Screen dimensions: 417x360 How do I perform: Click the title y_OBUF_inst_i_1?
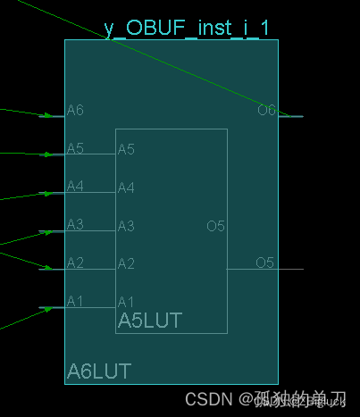click(186, 28)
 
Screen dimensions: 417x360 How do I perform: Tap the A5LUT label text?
click(149, 320)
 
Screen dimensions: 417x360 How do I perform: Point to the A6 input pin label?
click(75, 110)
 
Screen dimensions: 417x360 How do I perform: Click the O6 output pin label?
click(266, 110)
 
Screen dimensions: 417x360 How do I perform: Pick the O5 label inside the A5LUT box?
click(215, 226)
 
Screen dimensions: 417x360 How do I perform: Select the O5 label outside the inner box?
click(264, 263)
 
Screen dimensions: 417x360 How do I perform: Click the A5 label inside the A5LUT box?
click(126, 148)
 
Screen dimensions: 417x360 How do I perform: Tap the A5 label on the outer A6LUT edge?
click(75, 148)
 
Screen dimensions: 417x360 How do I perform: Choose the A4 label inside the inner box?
click(126, 188)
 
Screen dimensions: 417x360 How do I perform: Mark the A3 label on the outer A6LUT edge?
click(75, 224)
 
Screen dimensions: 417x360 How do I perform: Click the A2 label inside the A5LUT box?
click(126, 263)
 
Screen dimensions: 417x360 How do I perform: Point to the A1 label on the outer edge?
click(75, 301)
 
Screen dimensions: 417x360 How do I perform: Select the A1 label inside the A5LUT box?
click(126, 302)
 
